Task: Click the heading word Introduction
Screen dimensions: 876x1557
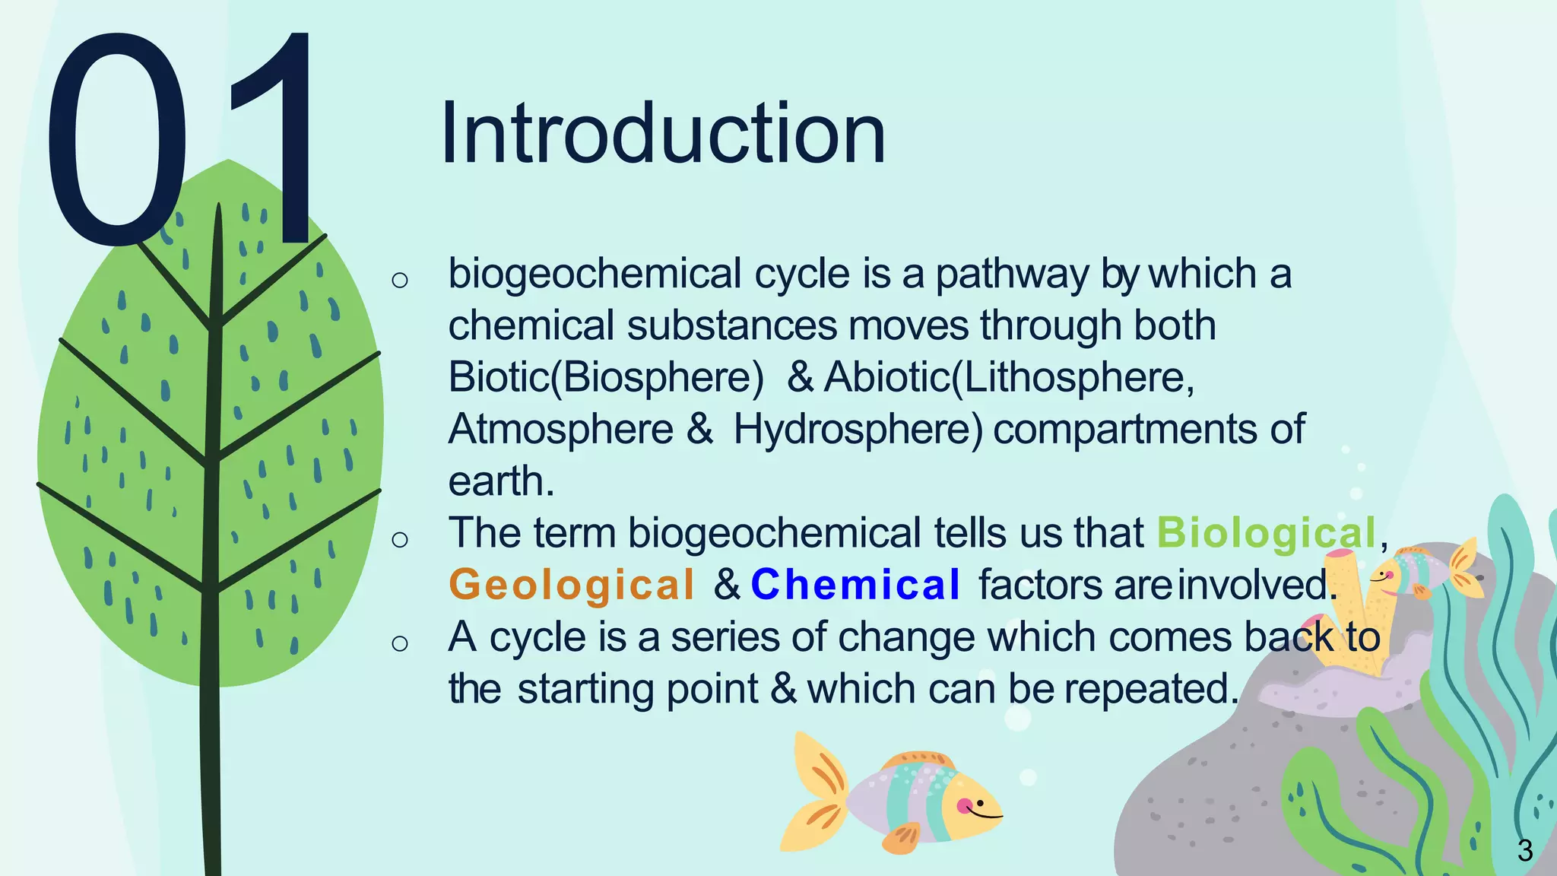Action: [x=662, y=134]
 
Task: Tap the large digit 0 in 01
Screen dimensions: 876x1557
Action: [x=116, y=141]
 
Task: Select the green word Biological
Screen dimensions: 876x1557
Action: [x=1267, y=533]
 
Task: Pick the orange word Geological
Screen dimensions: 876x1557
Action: [x=572, y=585]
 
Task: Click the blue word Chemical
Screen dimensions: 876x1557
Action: [x=856, y=585]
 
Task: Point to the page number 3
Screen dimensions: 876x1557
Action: [x=1524, y=850]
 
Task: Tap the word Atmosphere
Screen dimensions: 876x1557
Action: [x=561, y=430]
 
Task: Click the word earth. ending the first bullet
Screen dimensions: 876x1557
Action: [x=501, y=481]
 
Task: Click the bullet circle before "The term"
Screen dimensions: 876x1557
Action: [x=400, y=539]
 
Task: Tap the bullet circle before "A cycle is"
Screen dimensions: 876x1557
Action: [x=400, y=643]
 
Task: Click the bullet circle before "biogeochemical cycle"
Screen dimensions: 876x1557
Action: [x=400, y=280]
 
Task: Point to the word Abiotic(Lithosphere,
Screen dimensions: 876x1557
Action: [x=1010, y=377]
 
